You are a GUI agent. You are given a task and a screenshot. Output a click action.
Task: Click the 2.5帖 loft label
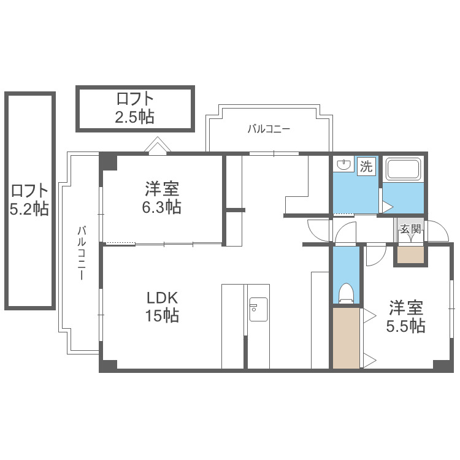pyautogui.click(x=134, y=108)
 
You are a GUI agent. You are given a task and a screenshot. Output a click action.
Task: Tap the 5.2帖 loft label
pyautogui.click(x=29, y=200)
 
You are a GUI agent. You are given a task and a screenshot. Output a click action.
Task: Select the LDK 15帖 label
pyautogui.click(x=162, y=307)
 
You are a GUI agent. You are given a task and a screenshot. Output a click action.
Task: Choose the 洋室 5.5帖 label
pyautogui.click(x=405, y=316)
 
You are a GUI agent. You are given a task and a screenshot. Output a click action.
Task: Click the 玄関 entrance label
pyautogui.click(x=410, y=229)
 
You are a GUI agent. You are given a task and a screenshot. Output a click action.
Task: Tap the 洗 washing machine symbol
pyautogui.click(x=366, y=166)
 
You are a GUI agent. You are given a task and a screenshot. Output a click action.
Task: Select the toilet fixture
pyautogui.click(x=346, y=293)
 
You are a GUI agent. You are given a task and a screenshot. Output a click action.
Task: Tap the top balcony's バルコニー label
pyautogui.click(x=269, y=129)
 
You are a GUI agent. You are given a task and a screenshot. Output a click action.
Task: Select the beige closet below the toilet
pyautogui.click(x=347, y=337)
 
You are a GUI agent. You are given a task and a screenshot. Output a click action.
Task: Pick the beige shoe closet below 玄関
pyautogui.click(x=410, y=255)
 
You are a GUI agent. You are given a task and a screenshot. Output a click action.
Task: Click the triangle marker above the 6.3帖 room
pyautogui.click(x=158, y=145)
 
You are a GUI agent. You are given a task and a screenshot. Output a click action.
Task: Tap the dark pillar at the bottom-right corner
pyautogui.click(x=443, y=365)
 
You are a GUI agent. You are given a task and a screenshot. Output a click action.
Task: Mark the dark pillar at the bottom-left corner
pyautogui.click(x=108, y=365)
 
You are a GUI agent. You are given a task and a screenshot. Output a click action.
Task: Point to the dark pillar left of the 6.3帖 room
pyautogui.click(x=109, y=161)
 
